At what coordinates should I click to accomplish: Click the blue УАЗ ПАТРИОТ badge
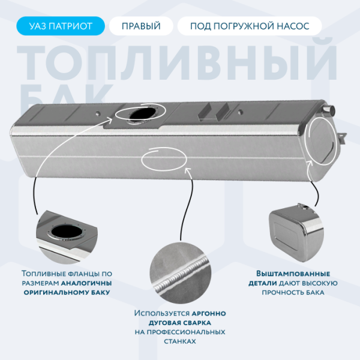[61, 26]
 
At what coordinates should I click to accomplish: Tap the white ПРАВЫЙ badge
[141, 26]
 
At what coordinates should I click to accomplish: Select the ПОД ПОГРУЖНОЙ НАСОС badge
[250, 26]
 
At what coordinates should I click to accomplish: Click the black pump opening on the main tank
[142, 113]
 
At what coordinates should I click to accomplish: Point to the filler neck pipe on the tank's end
[329, 110]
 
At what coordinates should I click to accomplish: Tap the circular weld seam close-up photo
[181, 273]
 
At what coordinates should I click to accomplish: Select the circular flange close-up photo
[67, 236]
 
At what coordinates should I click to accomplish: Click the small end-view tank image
[296, 232]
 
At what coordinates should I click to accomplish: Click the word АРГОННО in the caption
[209, 313]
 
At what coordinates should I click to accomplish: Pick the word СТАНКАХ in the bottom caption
[180, 341]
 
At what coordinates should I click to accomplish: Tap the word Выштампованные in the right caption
[293, 274]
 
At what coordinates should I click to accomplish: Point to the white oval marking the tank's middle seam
[164, 159]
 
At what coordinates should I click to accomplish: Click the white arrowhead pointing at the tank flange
[110, 119]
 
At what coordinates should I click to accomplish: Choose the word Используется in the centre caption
[162, 313]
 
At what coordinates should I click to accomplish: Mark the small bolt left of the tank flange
[98, 113]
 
